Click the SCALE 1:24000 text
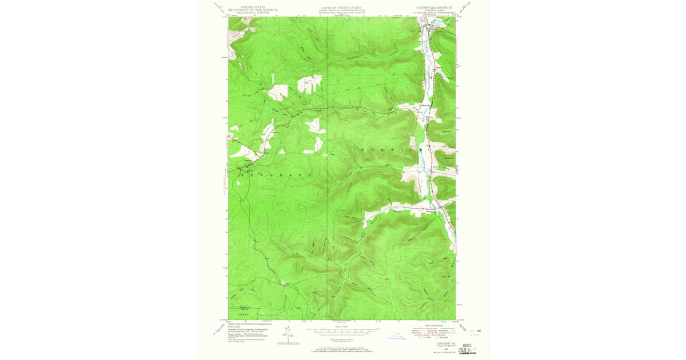(341, 327)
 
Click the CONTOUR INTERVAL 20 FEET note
(341, 339)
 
